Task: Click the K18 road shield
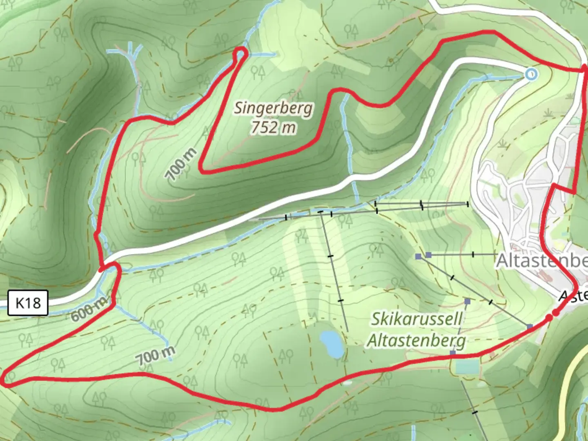tap(28, 303)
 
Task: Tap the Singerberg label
tap(274, 109)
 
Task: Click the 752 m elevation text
tap(273, 127)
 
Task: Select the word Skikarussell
tap(416, 319)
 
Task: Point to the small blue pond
tap(332, 344)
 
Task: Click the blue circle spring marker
tap(531, 74)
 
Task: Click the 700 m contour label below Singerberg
tap(181, 164)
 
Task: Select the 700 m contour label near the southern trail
tap(155, 356)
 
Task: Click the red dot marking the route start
tap(555, 313)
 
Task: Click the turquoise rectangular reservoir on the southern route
tap(467, 366)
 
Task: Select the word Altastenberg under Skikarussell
tap(416, 340)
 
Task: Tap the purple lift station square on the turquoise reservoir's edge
tap(453, 353)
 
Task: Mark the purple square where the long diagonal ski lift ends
tap(530, 327)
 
